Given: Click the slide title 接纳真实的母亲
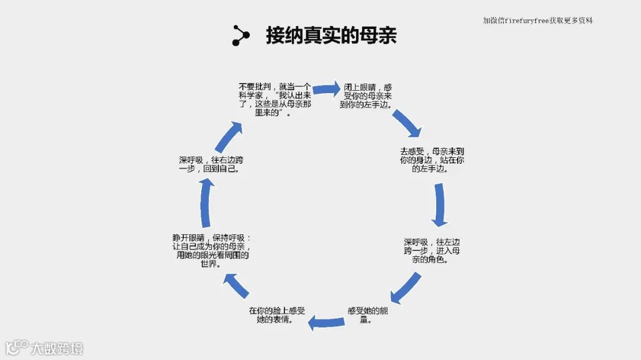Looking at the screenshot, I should (x=331, y=36).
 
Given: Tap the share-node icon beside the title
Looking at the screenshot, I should (x=240, y=36).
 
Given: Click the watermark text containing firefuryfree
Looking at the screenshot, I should (x=538, y=21).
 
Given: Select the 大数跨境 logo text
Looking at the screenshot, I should (x=57, y=348).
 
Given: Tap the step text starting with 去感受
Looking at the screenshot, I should (x=431, y=160).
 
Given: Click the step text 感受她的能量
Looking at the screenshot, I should (x=368, y=315).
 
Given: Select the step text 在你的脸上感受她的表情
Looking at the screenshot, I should (x=277, y=315).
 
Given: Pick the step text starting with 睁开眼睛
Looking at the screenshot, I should (x=212, y=251).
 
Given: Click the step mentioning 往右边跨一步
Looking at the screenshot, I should (x=211, y=164).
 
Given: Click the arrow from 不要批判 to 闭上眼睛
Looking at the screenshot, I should (x=326, y=89).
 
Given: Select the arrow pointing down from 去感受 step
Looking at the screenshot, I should (x=440, y=205).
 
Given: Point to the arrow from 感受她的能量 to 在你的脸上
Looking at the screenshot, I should (x=326, y=322).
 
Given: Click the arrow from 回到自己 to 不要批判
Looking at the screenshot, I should (x=229, y=137).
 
